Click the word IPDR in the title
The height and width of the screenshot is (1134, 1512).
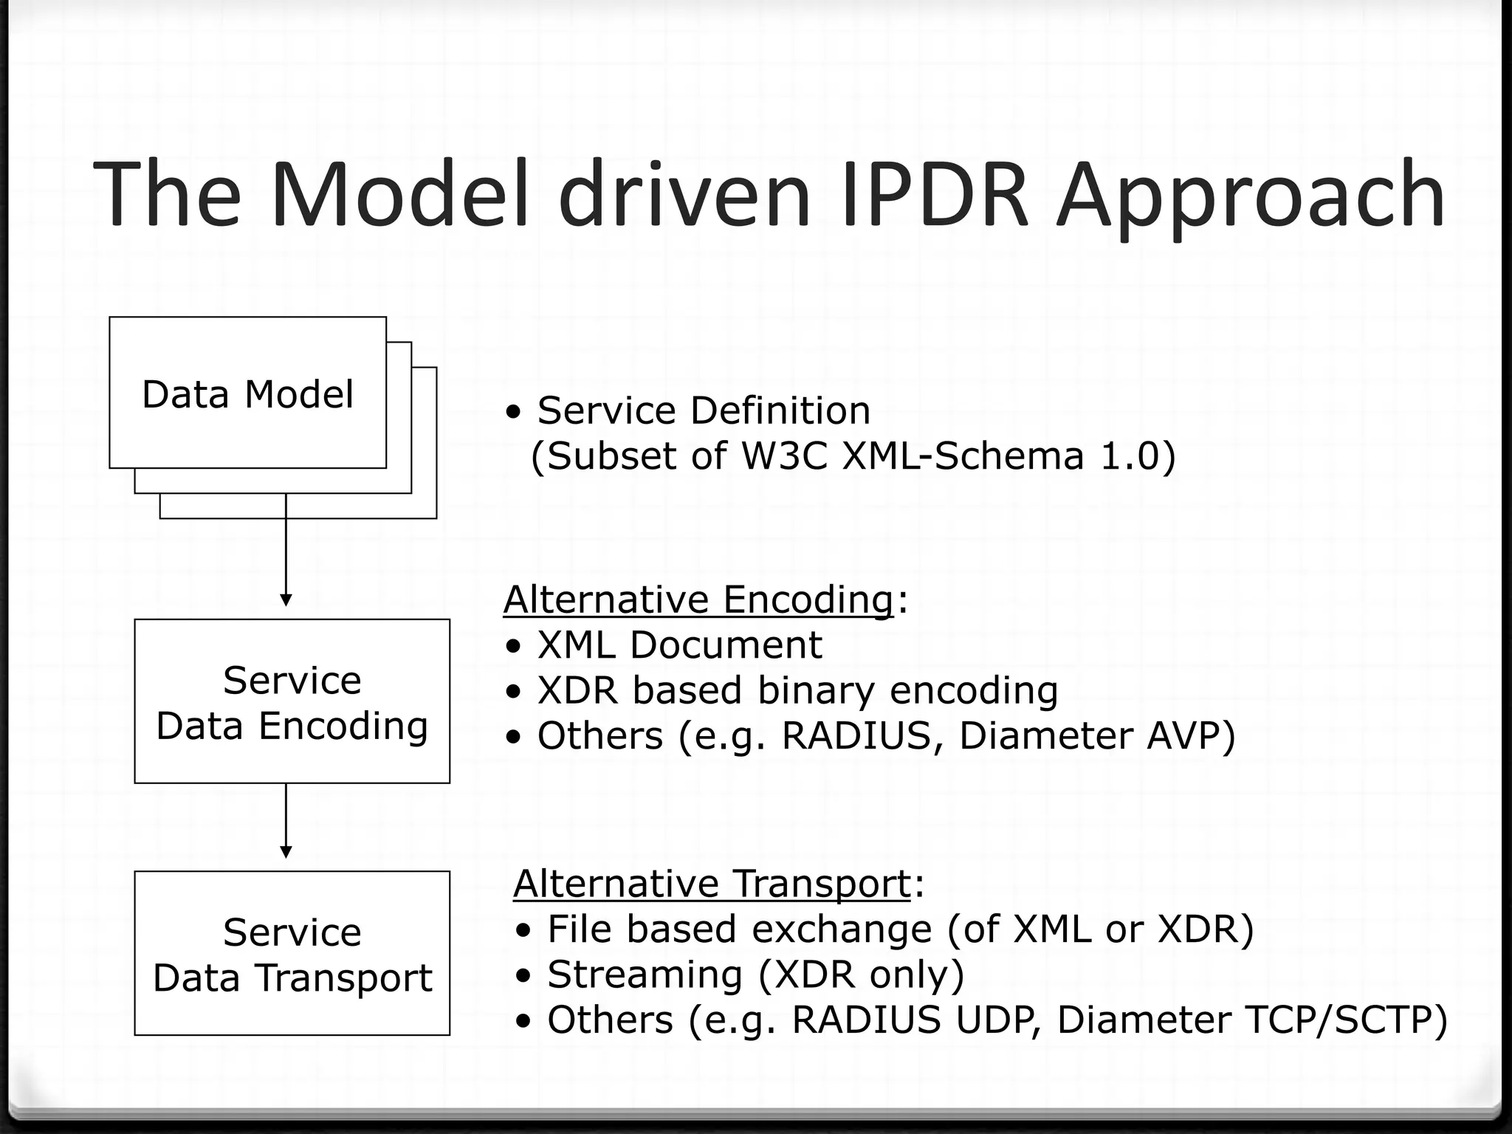(x=934, y=193)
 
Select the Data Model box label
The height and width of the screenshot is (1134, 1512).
(x=247, y=394)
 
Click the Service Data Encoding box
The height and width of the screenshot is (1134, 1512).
(x=292, y=701)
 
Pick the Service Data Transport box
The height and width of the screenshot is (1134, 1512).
(x=292, y=953)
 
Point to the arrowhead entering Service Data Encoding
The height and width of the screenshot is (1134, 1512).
(x=286, y=599)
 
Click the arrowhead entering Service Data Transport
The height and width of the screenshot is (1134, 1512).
(x=286, y=852)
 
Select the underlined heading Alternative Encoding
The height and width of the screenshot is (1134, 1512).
(x=698, y=599)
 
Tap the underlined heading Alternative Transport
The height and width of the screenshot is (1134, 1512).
(x=712, y=883)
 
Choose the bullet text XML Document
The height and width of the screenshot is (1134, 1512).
(x=679, y=645)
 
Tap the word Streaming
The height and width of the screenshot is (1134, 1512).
(x=644, y=975)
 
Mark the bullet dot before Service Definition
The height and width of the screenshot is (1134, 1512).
(x=514, y=411)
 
